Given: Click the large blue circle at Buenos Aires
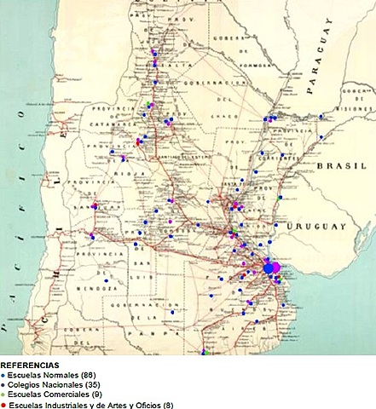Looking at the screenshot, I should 269,268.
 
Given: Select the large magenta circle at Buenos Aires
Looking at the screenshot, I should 277,268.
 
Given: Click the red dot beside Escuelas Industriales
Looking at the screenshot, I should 3,405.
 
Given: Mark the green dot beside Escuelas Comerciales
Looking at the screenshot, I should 3,395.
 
